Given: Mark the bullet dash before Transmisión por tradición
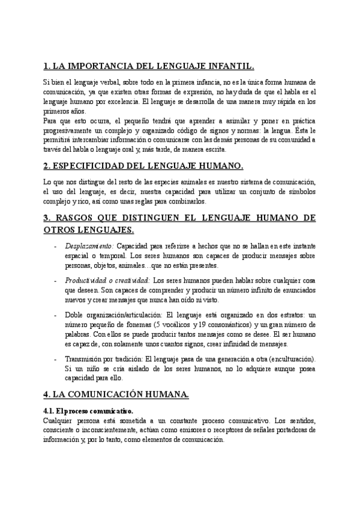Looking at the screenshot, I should point(55,359).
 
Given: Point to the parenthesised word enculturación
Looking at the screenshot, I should point(283,359).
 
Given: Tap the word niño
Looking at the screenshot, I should point(95,369).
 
